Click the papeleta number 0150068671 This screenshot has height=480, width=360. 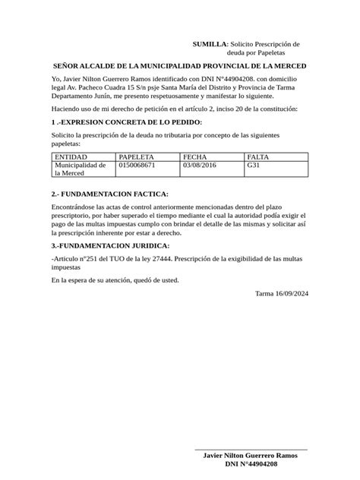(x=137, y=164)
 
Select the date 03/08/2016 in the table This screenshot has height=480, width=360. (x=200, y=164)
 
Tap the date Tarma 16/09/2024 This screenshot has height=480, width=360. (x=282, y=293)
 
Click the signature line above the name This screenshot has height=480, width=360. (x=251, y=450)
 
